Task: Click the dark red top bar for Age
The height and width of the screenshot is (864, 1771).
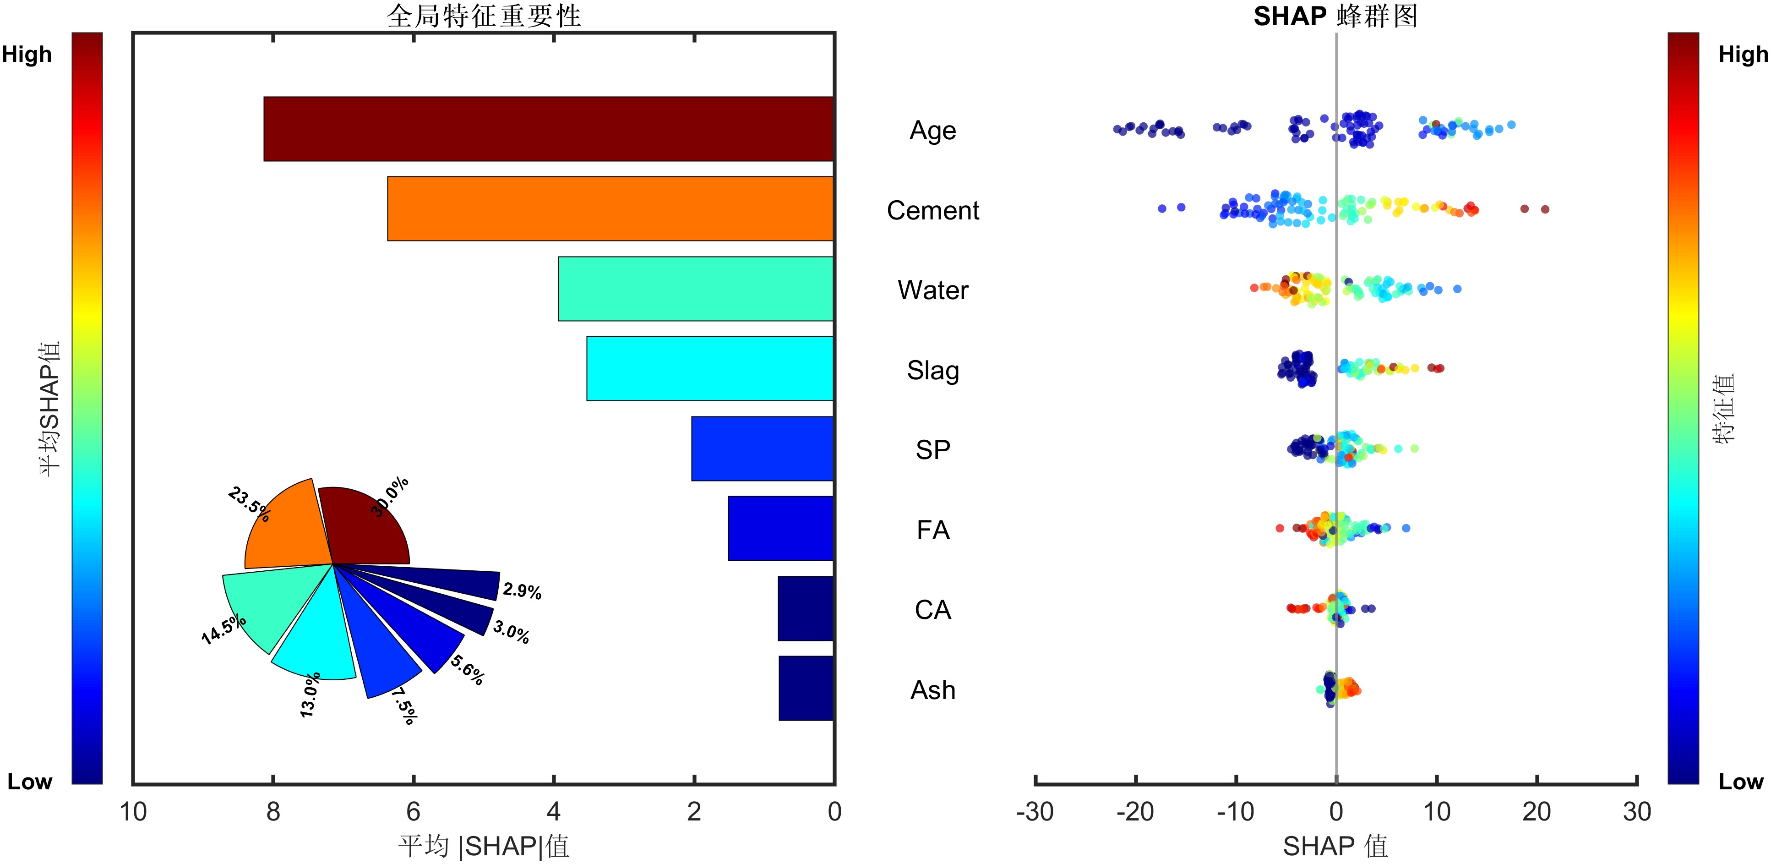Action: click(549, 129)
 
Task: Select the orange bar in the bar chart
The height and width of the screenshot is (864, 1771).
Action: click(610, 208)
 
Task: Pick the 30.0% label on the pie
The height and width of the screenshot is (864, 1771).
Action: click(390, 496)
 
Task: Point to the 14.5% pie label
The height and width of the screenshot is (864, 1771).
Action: click(223, 629)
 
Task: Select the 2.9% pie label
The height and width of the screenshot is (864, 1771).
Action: click(522, 591)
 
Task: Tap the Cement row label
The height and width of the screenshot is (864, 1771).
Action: click(932, 210)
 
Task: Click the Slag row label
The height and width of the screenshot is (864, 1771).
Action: click(932, 370)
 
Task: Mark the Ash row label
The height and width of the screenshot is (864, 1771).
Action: click(932, 690)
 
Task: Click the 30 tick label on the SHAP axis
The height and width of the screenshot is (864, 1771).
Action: click(1636, 812)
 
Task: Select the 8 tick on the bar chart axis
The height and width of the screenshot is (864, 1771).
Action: click(273, 812)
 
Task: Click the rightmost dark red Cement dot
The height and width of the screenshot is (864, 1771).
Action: click(1545, 209)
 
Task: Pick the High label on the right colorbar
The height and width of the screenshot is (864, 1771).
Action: click(1743, 55)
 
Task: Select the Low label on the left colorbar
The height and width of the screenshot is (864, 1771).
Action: click(30, 782)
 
